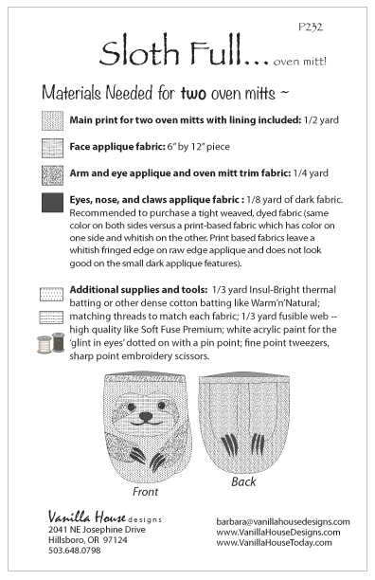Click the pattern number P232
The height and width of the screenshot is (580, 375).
[x=311, y=27]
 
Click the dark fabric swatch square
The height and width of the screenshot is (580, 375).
[x=52, y=202]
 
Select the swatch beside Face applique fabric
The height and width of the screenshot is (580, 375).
[x=52, y=148]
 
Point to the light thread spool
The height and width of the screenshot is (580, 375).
[x=44, y=344]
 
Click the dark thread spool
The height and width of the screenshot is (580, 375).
[x=58, y=342]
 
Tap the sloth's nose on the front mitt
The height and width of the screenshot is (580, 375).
[x=146, y=417]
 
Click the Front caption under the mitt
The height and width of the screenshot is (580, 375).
[x=145, y=492]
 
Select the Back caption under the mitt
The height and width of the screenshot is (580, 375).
[x=243, y=481]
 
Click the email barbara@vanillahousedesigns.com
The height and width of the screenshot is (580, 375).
[x=283, y=521]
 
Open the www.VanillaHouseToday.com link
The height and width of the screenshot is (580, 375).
[x=274, y=543]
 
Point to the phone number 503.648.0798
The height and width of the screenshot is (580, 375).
[x=74, y=551]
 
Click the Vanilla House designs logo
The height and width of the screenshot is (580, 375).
[x=105, y=517]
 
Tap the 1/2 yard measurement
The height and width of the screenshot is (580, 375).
[x=321, y=120]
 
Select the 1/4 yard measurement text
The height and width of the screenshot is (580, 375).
[x=311, y=173]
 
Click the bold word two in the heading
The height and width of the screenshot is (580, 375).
[x=193, y=93]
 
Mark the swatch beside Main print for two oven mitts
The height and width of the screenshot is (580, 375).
[x=52, y=121]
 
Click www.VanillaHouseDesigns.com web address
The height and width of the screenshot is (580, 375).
[x=278, y=533]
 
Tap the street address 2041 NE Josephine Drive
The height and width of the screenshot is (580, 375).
[x=97, y=530]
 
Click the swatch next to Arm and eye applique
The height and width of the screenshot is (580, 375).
[x=52, y=175]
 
